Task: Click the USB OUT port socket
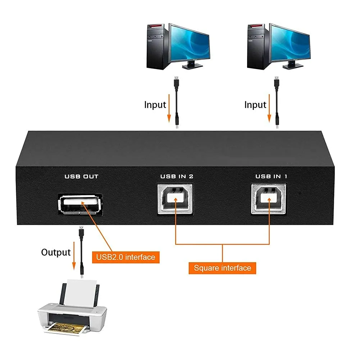79,204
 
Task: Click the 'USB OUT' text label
81,177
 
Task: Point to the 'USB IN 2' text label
177,177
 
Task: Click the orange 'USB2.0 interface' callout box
126,257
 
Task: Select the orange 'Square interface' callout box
222,268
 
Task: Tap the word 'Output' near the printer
56,252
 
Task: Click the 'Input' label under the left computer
155,105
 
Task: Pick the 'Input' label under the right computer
255,105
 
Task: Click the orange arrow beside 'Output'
74,256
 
